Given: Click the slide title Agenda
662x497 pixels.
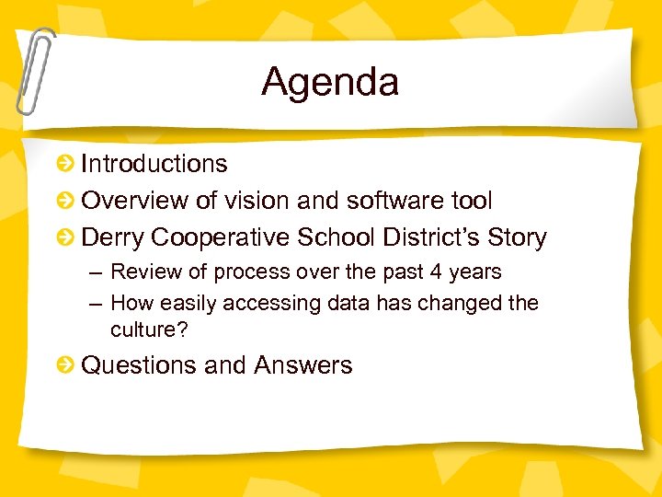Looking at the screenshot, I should point(330,82).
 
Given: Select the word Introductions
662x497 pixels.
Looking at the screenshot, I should point(154,164).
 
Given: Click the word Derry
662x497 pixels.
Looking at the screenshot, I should point(113,238).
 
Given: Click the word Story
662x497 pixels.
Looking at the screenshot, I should point(517,237).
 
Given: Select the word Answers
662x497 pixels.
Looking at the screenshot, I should point(303,365).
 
